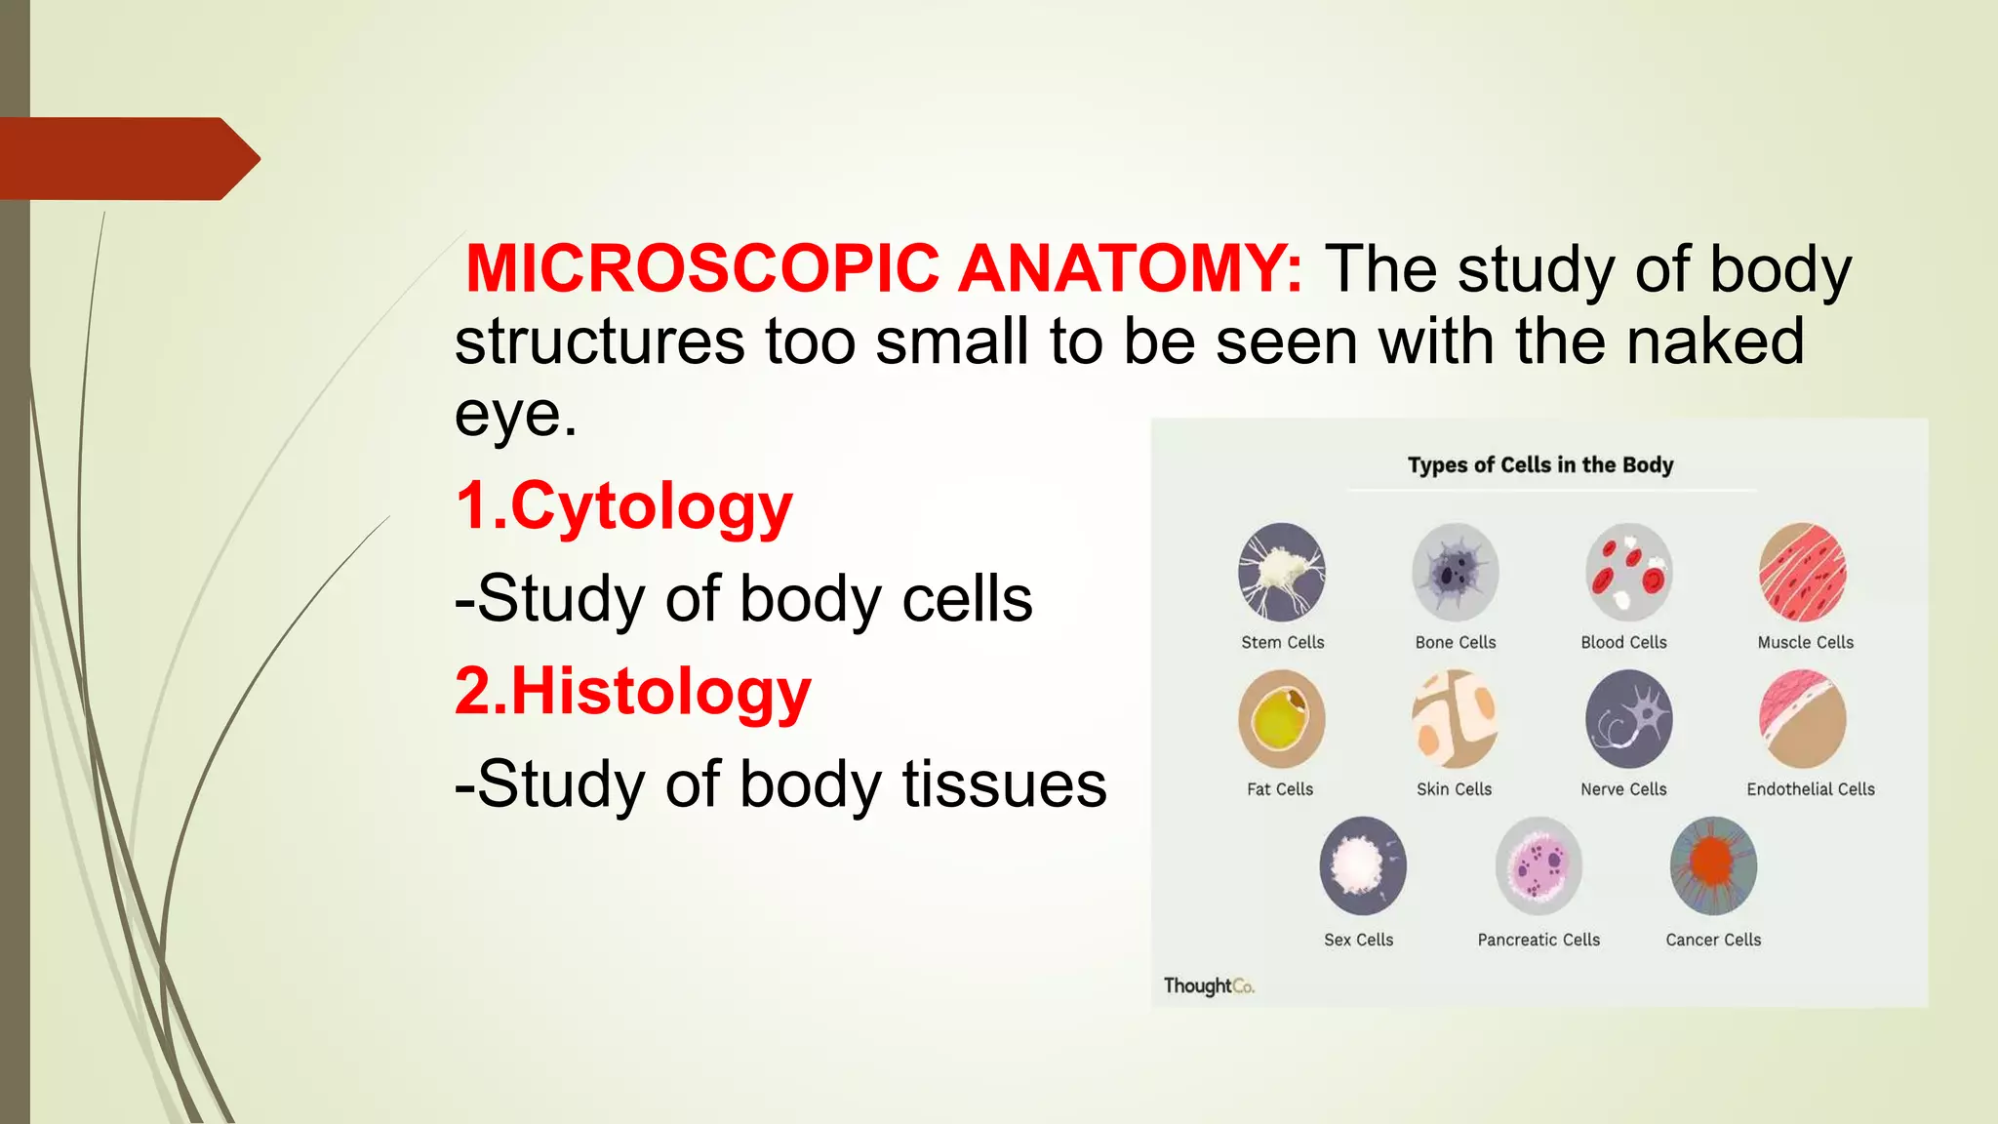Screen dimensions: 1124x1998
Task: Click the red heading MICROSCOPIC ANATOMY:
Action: (x=884, y=268)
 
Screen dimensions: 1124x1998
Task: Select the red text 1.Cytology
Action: (x=623, y=507)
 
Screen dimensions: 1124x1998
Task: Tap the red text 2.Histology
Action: (x=632, y=692)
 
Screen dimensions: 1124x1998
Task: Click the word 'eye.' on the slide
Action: (x=516, y=415)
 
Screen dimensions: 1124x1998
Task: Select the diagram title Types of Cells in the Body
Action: (x=1540, y=464)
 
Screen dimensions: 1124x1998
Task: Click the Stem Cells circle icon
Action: (x=1281, y=573)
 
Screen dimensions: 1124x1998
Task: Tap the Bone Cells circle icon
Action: (x=1455, y=573)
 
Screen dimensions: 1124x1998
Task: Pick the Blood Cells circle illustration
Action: (x=1628, y=573)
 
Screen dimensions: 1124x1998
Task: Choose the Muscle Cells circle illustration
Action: (x=1803, y=573)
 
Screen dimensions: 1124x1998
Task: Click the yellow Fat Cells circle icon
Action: (x=1281, y=720)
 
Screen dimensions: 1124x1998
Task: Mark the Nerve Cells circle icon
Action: (x=1628, y=720)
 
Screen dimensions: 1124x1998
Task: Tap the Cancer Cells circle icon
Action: (x=1713, y=866)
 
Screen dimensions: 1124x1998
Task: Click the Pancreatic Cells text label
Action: (x=1538, y=940)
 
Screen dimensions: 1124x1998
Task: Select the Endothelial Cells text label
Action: (x=1811, y=789)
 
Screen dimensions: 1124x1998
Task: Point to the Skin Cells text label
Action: (x=1454, y=789)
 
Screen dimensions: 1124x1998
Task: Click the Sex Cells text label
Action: (x=1358, y=940)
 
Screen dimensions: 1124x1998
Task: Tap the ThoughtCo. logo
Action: (x=1208, y=985)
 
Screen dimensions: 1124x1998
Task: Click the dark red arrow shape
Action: (x=127, y=159)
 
